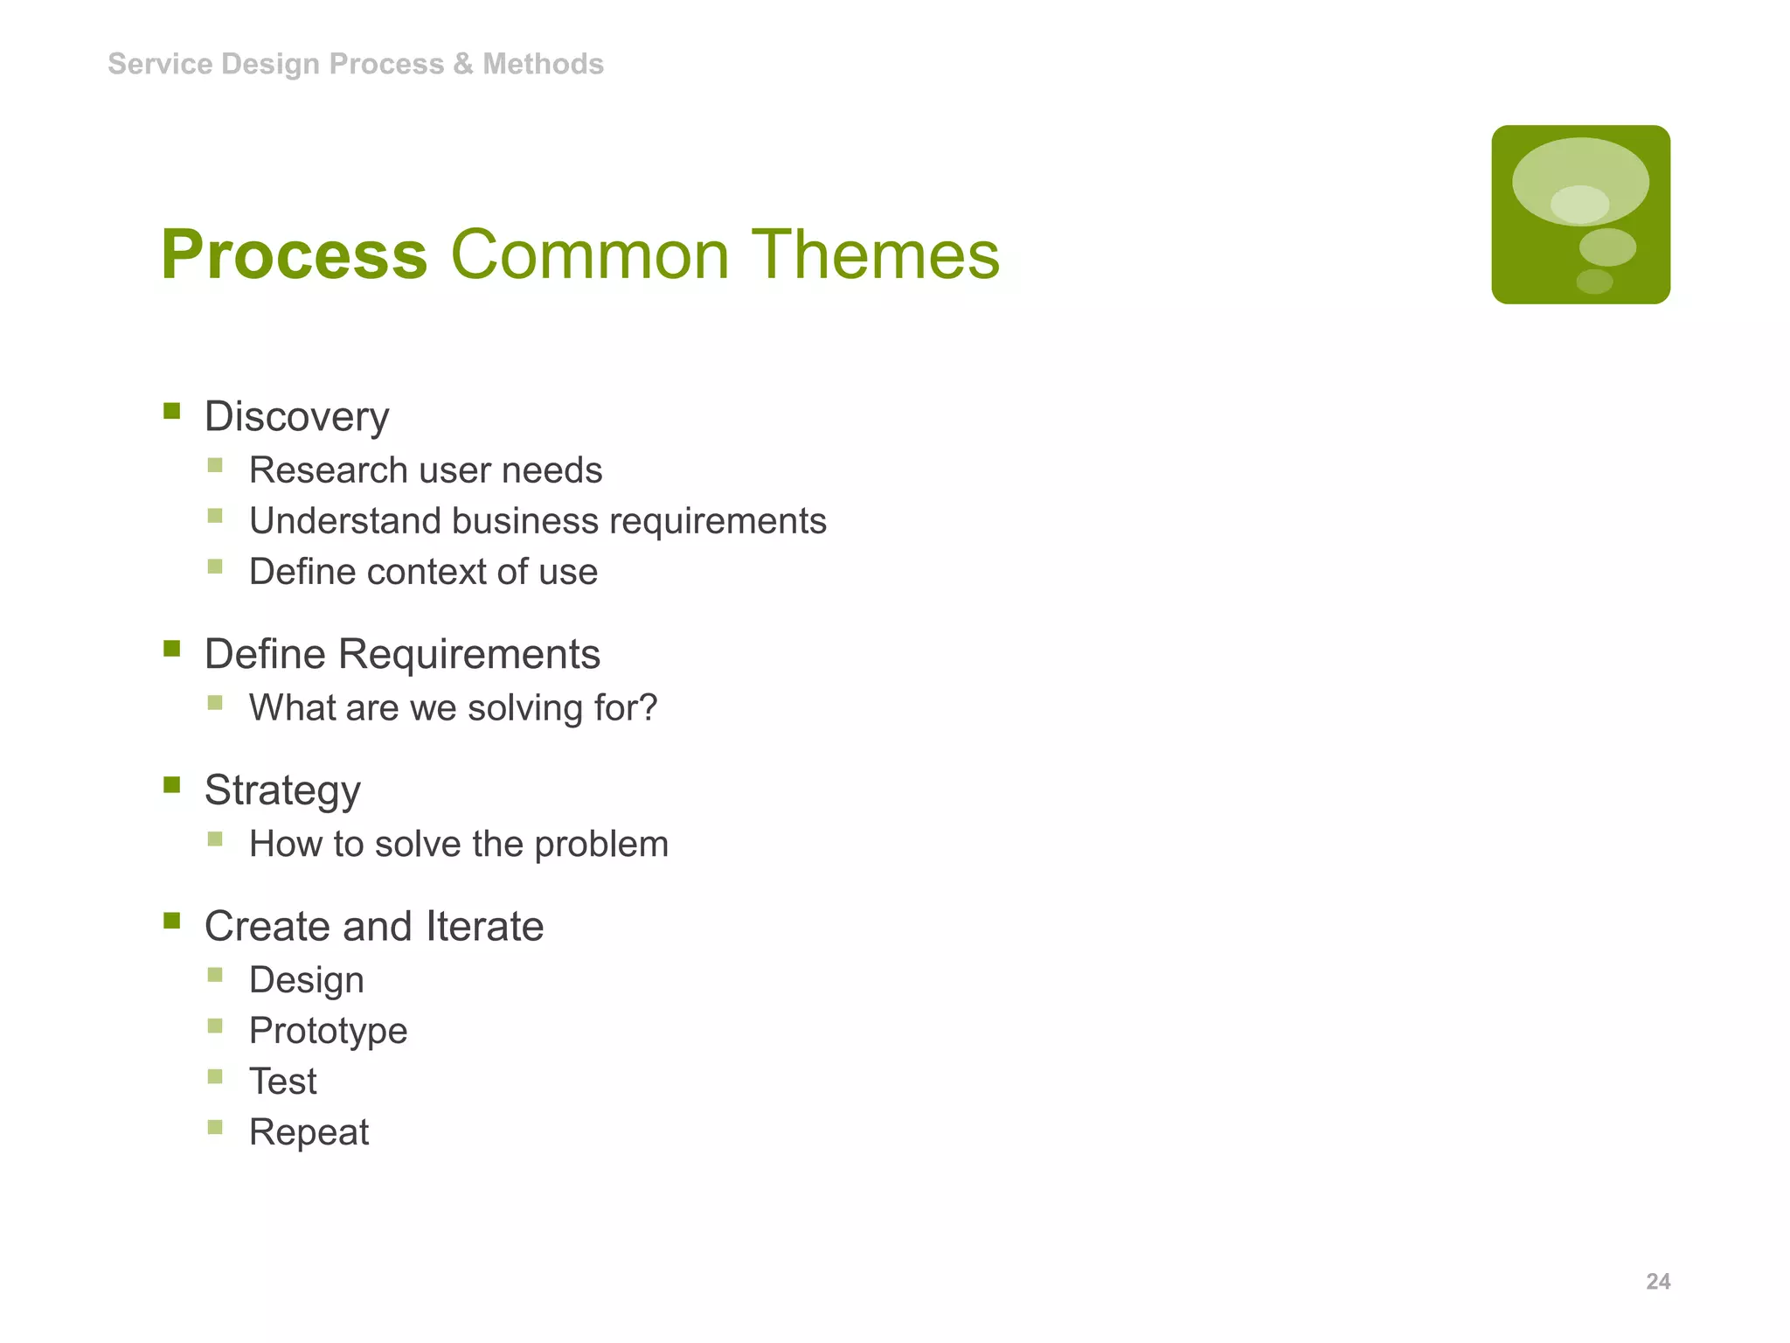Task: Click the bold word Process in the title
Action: tap(294, 255)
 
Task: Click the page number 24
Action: tap(1657, 1281)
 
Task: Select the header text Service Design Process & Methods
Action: tap(355, 64)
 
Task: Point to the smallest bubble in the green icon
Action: tap(1594, 282)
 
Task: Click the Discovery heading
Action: tap(296, 416)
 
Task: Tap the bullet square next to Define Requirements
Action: tap(171, 649)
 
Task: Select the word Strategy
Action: tap(282, 790)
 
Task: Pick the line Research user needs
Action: tap(426, 470)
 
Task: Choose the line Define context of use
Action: tap(423, 572)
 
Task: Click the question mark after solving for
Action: tap(649, 707)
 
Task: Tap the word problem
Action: tap(601, 845)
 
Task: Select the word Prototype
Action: tap(328, 1031)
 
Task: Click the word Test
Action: tap(282, 1082)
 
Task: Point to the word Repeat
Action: tap(309, 1132)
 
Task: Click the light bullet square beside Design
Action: tap(215, 975)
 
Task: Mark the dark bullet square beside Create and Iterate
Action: tap(171, 921)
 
